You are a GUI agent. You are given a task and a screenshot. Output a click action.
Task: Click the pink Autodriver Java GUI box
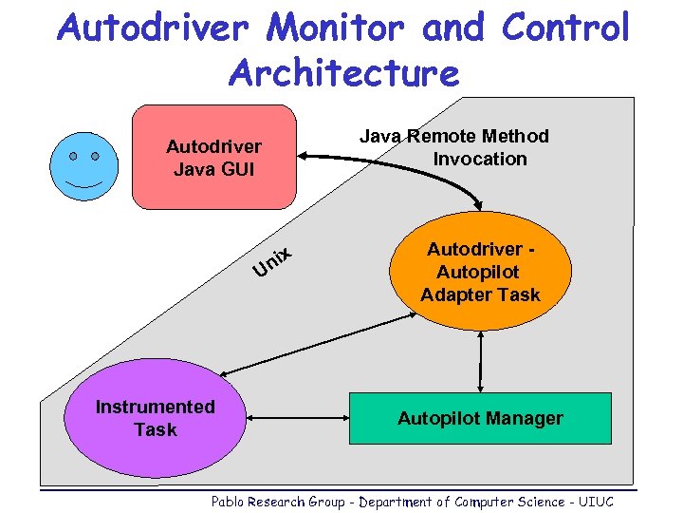click(x=213, y=158)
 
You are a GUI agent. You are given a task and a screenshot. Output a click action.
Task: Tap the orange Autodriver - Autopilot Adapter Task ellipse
click(x=481, y=272)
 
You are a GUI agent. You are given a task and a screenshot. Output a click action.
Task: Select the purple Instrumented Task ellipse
click(x=156, y=418)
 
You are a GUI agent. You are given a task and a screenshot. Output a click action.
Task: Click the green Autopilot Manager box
click(x=480, y=418)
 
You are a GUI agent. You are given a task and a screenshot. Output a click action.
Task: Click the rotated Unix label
click(x=271, y=262)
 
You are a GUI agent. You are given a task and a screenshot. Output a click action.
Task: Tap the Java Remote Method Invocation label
click(x=454, y=147)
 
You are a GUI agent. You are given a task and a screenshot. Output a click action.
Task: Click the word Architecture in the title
click(x=343, y=72)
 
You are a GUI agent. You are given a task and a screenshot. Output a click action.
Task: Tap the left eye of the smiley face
click(x=73, y=155)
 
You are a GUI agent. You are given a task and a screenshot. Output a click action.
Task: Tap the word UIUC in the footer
click(x=595, y=502)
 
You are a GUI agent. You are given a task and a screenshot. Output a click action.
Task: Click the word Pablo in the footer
click(x=228, y=502)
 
